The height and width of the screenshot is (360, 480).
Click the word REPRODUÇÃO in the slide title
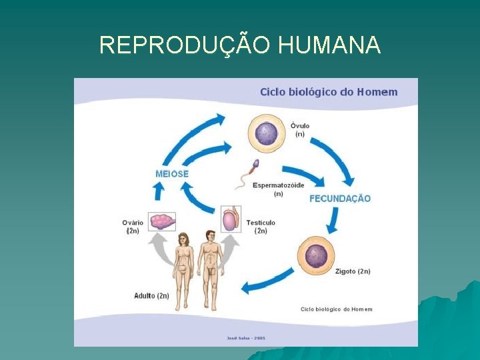click(x=185, y=45)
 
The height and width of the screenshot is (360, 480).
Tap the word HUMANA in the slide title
click(x=329, y=45)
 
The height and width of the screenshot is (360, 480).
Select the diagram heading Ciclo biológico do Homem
click(x=328, y=92)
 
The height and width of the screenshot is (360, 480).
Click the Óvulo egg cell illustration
click(x=266, y=133)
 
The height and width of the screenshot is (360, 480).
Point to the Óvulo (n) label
click(x=300, y=129)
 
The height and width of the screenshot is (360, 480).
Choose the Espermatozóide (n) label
click(x=278, y=189)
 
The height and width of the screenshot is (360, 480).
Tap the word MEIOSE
click(x=172, y=173)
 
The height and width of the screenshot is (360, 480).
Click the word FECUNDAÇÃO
click(x=340, y=199)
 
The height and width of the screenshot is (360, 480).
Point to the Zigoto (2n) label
click(x=353, y=271)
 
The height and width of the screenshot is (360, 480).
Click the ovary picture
click(x=161, y=221)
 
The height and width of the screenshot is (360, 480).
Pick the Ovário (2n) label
click(x=133, y=227)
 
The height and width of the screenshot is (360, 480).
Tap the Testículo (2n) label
click(x=261, y=227)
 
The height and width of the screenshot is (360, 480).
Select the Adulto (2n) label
click(x=151, y=295)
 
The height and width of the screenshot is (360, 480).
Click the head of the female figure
click(x=182, y=237)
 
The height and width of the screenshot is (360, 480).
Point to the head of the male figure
click(x=211, y=235)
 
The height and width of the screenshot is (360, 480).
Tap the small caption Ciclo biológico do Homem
click(x=336, y=309)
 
